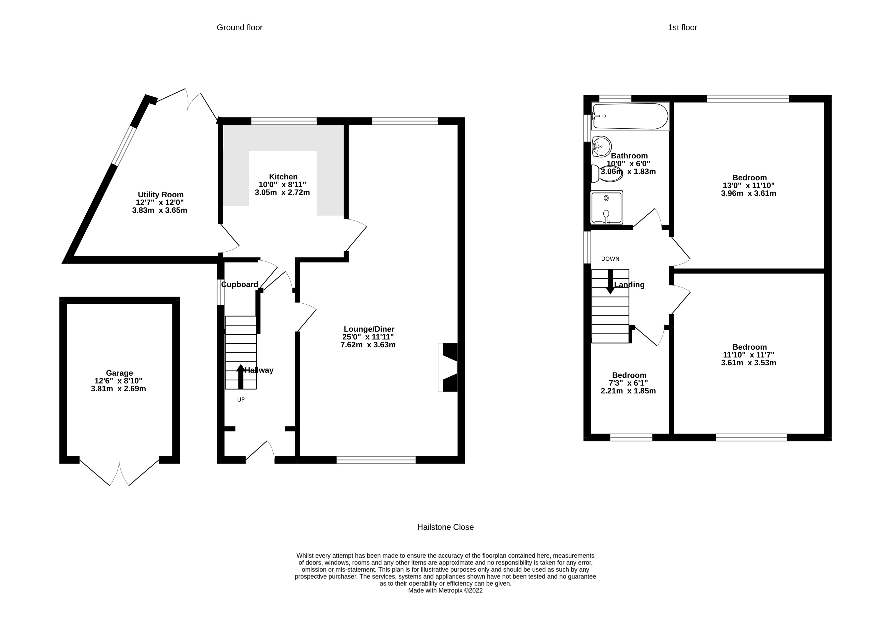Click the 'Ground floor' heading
[239, 27]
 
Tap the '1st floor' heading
[682, 27]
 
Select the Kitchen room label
[283, 177]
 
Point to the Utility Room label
[161, 195]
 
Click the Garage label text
[119, 373]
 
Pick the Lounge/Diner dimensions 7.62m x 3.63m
[368, 345]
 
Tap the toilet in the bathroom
[607, 174]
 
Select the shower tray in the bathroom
[606, 207]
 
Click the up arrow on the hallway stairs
[241, 376]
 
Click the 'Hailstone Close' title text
[445, 527]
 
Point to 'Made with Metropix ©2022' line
[445, 590]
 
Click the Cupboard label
[239, 285]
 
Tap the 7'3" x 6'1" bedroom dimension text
[628, 383]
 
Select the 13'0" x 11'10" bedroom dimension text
[748, 186]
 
